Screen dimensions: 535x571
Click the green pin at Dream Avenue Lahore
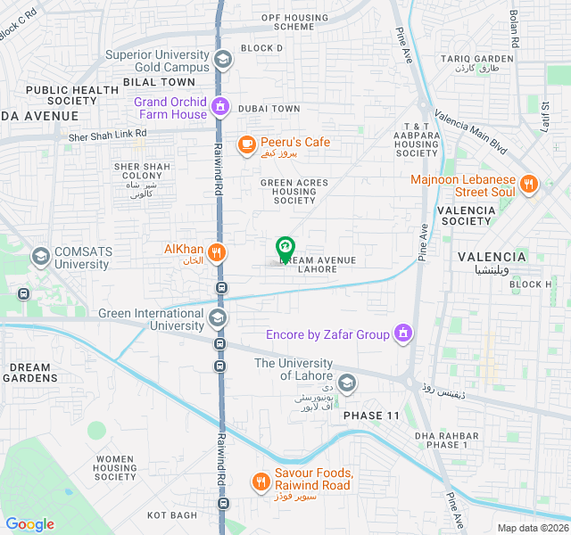click(x=285, y=248)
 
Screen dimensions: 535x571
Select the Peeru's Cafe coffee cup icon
click(x=247, y=143)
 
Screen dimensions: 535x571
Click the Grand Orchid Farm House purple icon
click(x=221, y=108)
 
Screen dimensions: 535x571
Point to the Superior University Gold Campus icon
click(x=222, y=60)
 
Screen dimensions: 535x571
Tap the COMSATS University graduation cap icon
click(x=40, y=258)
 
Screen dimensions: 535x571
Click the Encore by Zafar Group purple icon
click(x=404, y=334)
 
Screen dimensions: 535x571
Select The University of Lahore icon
click(x=347, y=383)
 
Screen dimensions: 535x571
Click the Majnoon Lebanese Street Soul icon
click(x=529, y=185)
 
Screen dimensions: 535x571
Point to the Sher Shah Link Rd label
click(x=107, y=135)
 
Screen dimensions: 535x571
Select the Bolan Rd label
click(x=514, y=29)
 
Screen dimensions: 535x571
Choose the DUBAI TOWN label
click(x=272, y=109)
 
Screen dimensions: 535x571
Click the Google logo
click(x=29, y=524)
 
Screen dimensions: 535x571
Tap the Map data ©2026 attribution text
click(x=531, y=528)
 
